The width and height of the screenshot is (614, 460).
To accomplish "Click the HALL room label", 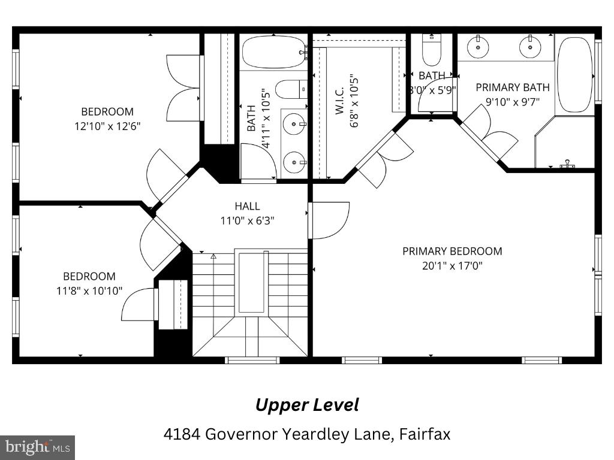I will (x=247, y=207).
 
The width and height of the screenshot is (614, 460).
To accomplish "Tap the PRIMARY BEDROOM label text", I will (x=452, y=251).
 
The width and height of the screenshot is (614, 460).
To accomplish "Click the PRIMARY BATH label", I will (x=512, y=87).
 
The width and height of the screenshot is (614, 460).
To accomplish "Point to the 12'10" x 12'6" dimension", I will (x=107, y=126).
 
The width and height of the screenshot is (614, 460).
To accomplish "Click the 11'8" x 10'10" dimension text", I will (x=89, y=290).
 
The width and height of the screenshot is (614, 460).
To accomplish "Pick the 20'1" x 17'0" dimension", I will (x=452, y=265).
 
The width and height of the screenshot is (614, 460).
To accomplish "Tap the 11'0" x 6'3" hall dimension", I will (x=247, y=220).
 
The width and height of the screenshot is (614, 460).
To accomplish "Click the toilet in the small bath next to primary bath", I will (x=431, y=51).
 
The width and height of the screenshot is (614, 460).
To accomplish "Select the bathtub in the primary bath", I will (x=574, y=75).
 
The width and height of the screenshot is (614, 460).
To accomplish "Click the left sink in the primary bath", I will (x=478, y=47).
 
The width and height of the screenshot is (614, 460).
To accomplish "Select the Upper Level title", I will (x=307, y=405).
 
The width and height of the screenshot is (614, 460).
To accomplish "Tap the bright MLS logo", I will (x=37, y=447).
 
